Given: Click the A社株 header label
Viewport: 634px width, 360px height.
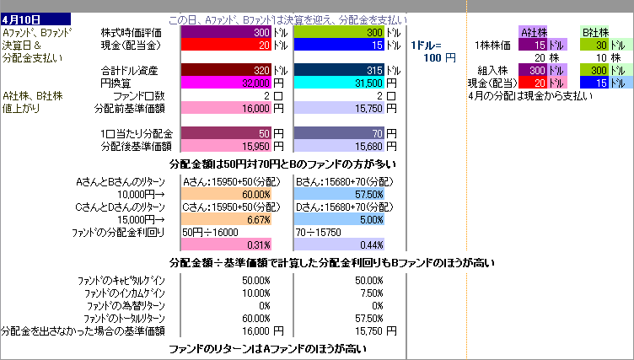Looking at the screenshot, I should (x=536, y=32).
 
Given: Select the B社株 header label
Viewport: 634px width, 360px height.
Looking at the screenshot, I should (x=598, y=32).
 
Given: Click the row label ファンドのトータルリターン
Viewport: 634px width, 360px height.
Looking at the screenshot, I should (x=124, y=318).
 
